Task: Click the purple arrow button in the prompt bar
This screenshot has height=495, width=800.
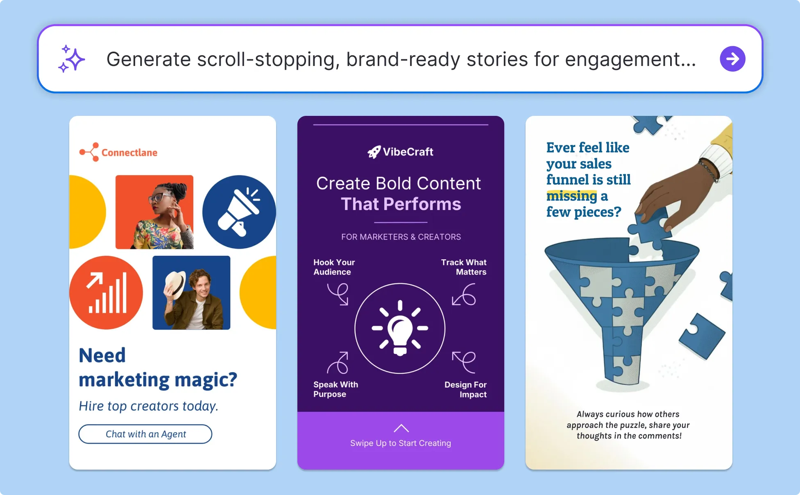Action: [x=732, y=59]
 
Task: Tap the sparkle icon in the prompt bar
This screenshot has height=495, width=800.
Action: [x=71, y=59]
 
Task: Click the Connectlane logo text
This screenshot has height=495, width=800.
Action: [x=129, y=153]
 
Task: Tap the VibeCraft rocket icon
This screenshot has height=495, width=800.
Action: [x=374, y=152]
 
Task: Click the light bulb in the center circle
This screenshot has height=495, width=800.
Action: [x=400, y=328]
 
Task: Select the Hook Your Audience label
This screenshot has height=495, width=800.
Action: [x=334, y=267]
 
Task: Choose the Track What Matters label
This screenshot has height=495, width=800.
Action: [x=464, y=267]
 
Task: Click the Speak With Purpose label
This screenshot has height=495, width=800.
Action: [x=335, y=389]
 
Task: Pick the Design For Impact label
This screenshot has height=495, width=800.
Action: [x=465, y=389]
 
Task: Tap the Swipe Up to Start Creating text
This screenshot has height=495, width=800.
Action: [x=401, y=443]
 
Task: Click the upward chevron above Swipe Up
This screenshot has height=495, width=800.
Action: [x=401, y=428]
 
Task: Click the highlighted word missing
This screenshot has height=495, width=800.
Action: [x=572, y=196]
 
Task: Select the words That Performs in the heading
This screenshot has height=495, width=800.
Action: [x=401, y=204]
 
